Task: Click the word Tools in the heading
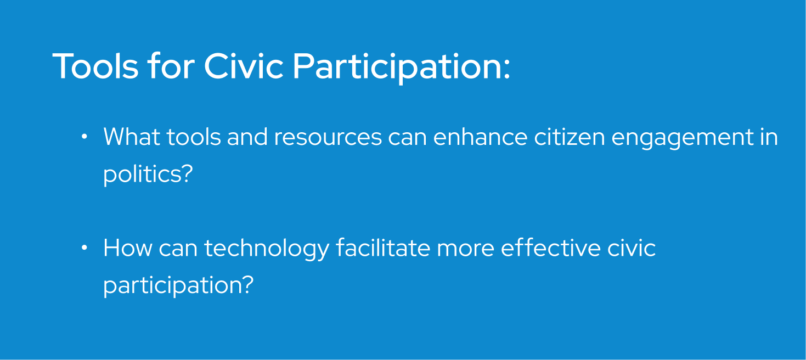click(x=95, y=66)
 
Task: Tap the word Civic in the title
click(x=244, y=66)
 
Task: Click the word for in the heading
click(x=171, y=66)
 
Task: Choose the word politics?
click(x=148, y=175)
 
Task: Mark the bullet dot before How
click(x=84, y=248)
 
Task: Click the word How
click(x=127, y=248)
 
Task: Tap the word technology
click(x=266, y=249)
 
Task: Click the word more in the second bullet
click(x=465, y=248)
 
